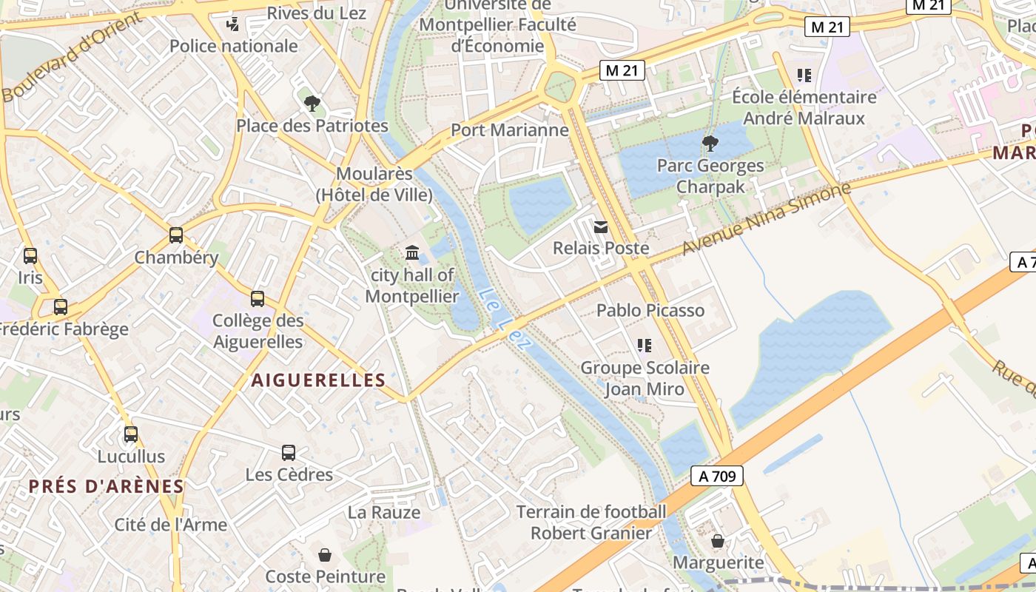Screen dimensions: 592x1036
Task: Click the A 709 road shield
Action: pos(716,476)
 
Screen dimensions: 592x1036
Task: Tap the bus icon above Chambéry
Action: pos(176,235)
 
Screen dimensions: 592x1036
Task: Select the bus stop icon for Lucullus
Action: pos(131,434)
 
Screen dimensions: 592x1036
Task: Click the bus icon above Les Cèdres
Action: pos(289,452)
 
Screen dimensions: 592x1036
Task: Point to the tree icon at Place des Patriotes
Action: pos(312,104)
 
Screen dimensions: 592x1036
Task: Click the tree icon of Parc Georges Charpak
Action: pos(710,144)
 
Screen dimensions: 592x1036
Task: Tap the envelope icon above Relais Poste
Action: pos(601,226)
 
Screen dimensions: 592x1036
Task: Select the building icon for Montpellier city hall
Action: pos(412,253)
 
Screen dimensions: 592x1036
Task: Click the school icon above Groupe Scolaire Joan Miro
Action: pos(645,346)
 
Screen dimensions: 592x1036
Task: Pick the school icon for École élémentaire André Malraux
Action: pos(804,75)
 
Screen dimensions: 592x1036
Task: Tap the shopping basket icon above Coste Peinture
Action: pos(324,554)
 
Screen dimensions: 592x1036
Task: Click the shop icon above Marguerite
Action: pos(717,542)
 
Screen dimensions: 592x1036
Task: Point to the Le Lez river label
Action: pos(495,311)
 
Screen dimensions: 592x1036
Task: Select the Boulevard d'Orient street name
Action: pos(72,57)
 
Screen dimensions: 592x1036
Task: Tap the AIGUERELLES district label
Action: pos(318,380)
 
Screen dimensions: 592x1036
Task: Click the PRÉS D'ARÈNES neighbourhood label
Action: pos(106,486)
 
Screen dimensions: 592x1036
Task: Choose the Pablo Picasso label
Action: pos(650,310)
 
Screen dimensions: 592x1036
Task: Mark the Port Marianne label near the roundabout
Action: pos(510,130)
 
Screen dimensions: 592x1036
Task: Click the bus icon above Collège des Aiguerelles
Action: pos(258,299)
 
